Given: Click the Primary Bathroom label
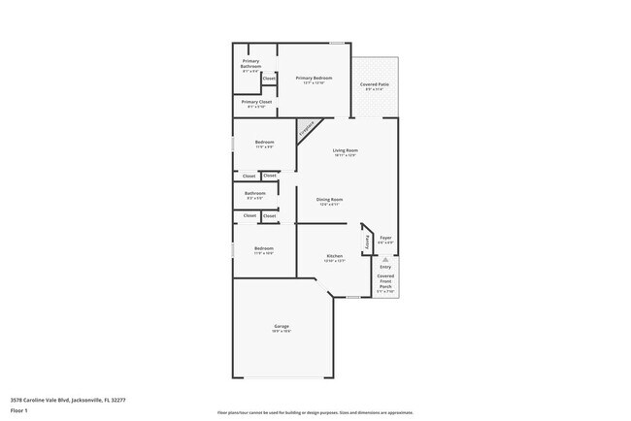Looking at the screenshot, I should [250, 63].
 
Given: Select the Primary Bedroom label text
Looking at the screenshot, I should [314, 78].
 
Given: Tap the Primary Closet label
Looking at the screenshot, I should [256, 101].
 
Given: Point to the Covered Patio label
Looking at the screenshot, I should [376, 84].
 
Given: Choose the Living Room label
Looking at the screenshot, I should [346, 150].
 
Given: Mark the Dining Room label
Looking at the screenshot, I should [328, 199].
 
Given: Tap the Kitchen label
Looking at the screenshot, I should [334, 256].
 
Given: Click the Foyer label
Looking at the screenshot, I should [385, 238].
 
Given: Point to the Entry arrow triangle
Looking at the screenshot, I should [385, 260].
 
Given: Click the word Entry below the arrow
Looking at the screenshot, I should [385, 267].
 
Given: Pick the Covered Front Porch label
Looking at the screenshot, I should [385, 280].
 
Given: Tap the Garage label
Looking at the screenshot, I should [281, 326].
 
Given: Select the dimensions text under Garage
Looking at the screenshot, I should [281, 332].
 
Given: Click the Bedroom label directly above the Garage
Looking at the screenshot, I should [263, 248].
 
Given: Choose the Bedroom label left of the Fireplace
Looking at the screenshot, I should [264, 143].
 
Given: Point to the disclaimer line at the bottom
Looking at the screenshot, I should [315, 412].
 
